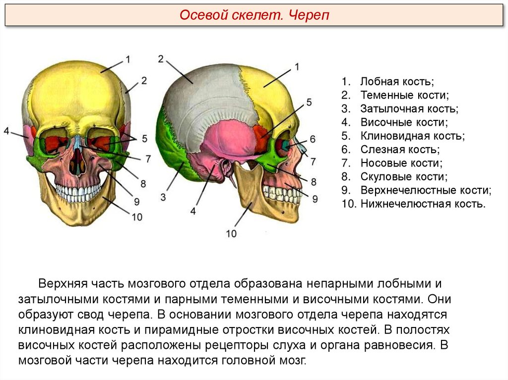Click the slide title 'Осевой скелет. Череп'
(254, 16)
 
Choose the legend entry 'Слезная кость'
(400, 149)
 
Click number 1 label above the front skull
(127, 59)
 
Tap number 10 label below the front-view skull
(136, 216)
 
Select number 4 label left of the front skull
(6, 131)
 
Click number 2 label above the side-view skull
(161, 59)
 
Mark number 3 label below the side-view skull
(163, 197)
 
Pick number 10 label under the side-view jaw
(231, 233)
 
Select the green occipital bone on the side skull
(174, 159)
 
